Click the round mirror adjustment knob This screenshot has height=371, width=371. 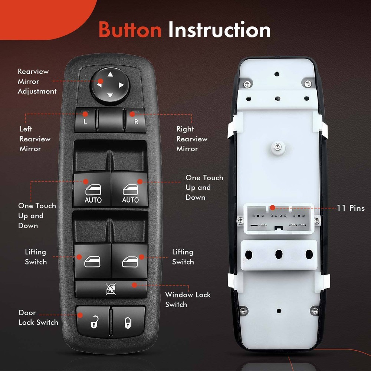[x=110, y=85]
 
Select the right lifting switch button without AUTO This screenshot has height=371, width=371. [x=130, y=261]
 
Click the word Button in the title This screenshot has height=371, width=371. [x=130, y=30]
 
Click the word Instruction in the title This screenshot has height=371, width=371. [x=219, y=30]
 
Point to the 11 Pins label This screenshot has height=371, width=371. [x=351, y=208]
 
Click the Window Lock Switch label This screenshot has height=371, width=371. [x=188, y=300]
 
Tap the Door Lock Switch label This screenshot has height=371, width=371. [x=38, y=318]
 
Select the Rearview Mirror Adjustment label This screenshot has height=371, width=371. [x=37, y=81]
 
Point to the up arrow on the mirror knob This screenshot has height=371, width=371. [x=110, y=74]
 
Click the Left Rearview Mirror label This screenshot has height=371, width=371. [x=35, y=139]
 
